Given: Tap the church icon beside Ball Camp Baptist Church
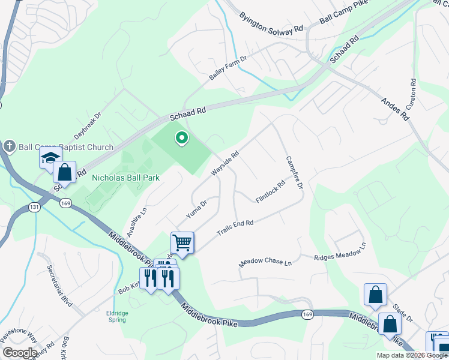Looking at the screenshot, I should [x=9, y=146].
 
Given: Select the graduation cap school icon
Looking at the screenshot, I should [x=50, y=158].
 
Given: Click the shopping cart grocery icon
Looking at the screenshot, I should [x=182, y=243].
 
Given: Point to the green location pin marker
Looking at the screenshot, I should [x=181, y=139].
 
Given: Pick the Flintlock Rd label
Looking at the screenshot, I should [x=270, y=192].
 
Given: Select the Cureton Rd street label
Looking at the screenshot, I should [x=412, y=94].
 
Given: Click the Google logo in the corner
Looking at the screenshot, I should [x=19, y=353].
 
